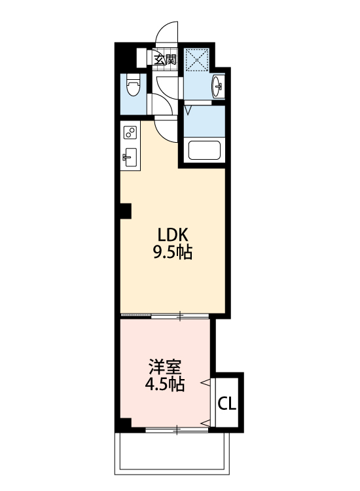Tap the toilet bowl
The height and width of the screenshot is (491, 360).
point(132,86)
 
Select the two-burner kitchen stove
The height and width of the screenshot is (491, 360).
point(130,134)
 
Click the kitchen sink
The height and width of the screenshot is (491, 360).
point(130,157)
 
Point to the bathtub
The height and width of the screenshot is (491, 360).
point(206,151)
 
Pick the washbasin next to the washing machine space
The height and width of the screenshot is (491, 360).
point(218,86)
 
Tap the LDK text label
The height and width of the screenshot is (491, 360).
point(172,234)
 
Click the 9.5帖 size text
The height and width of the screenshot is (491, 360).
point(172,252)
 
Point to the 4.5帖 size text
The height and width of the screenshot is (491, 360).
point(164,384)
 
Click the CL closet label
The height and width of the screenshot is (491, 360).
point(226,403)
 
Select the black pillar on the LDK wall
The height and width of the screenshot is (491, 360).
point(125,211)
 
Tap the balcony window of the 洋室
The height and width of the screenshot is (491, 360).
point(177,429)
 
